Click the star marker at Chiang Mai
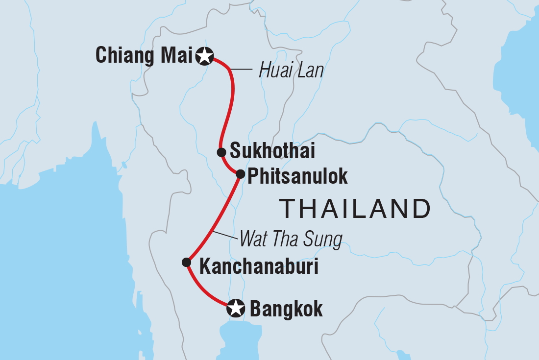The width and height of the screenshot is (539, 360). click(204, 57)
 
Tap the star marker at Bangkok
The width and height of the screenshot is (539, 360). click(236, 309)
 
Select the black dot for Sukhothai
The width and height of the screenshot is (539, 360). click(221, 152)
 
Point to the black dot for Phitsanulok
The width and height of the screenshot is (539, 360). click(240, 174)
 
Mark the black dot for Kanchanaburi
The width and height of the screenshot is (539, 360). click(186, 262)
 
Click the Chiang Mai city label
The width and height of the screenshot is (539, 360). click(144, 56)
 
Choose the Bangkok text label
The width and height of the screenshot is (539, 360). click(286, 309)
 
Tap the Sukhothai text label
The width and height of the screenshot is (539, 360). click(272, 151)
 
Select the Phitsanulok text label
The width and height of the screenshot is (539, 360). click(297, 176)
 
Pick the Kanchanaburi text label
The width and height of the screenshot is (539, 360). click(259, 267)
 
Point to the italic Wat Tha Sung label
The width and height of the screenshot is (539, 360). click(290, 240)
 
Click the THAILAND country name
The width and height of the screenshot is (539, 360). click(355, 209)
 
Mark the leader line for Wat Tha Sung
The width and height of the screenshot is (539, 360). click(225, 235)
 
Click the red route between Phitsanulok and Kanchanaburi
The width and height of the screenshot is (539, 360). click(212, 220)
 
